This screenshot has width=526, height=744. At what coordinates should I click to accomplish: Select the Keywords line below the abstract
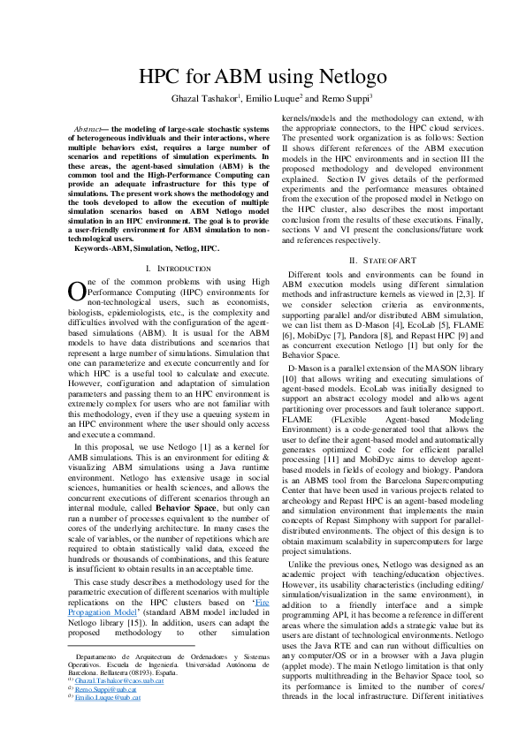click(147, 249)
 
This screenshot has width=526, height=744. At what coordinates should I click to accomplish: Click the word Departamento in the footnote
click(98, 658)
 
